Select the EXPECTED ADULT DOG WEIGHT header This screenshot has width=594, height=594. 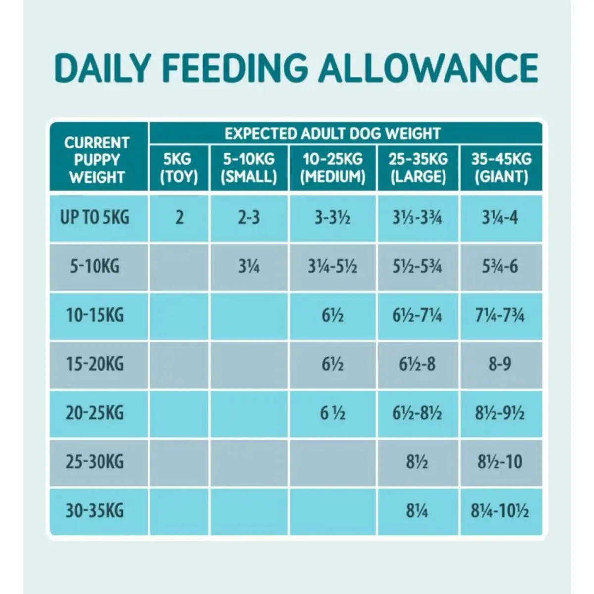tap(332, 133)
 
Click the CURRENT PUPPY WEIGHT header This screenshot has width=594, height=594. tap(97, 159)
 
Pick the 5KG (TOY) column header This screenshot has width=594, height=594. tap(179, 168)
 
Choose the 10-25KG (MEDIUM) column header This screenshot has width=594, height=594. tap(333, 168)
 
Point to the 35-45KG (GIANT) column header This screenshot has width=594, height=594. tap(501, 168)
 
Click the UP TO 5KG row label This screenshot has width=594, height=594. tap(95, 217)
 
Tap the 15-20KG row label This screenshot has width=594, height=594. tap(95, 364)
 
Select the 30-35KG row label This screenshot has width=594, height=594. tap(95, 511)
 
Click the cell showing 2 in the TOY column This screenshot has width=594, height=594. tap(179, 217)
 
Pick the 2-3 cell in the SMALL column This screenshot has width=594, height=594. tap(248, 217)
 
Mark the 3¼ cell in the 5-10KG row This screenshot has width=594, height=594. tap(248, 266)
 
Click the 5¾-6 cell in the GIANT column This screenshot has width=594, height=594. tap(500, 266)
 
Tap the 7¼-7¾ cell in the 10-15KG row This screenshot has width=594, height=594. tap(500, 315)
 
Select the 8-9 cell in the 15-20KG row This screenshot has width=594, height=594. tap(500, 364)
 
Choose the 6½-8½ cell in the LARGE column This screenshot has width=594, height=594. tap(417, 413)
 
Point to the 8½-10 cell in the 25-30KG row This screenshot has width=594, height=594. tap(500, 462)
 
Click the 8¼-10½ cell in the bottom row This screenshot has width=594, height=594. tap(500, 511)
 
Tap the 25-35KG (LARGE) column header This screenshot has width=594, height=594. tap(418, 168)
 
